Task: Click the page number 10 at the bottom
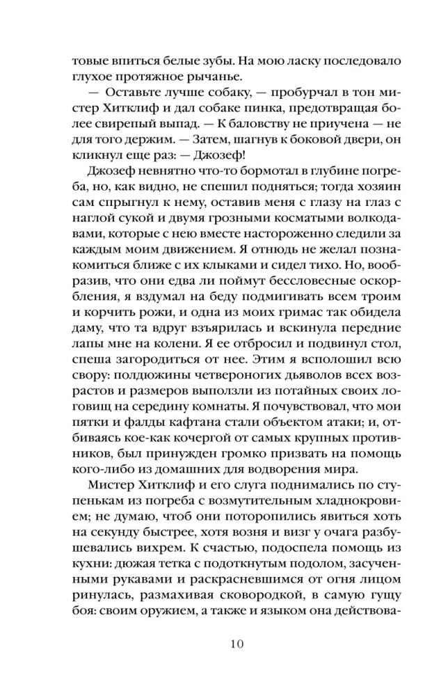223,642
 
